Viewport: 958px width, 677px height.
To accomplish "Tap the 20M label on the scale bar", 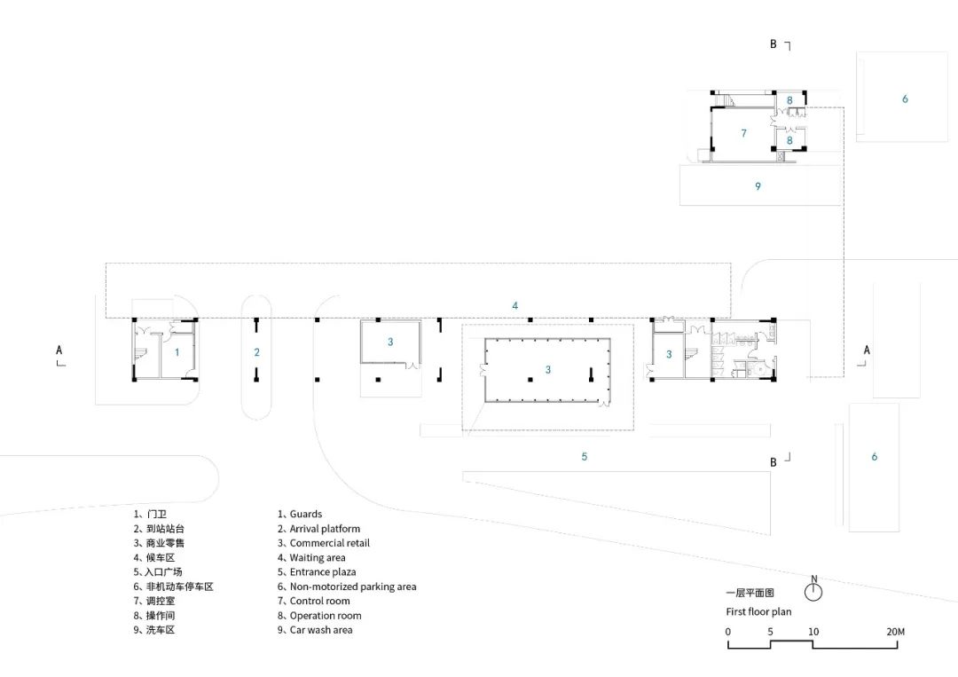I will [894, 631].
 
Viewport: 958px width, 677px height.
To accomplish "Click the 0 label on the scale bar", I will [728, 631].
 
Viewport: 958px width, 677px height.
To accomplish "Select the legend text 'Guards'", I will [305, 514].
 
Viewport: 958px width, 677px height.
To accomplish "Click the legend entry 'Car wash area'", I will [320, 630].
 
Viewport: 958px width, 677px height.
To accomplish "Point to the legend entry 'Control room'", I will [319, 601].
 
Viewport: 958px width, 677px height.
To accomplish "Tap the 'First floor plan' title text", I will [758, 611].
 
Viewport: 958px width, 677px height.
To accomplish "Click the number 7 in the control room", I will [743, 133].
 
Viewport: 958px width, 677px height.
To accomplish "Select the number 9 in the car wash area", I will [758, 186].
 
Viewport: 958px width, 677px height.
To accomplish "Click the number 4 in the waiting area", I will [515, 305].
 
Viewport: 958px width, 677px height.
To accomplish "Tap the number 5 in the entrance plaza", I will [585, 456].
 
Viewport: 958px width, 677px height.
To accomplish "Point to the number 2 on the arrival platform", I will [256, 351].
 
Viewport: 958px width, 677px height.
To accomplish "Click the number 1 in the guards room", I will [177, 352].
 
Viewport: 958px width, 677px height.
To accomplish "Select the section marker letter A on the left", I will [59, 350].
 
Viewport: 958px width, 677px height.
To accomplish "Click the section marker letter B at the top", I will [773, 43].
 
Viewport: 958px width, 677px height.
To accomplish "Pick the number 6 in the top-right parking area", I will [905, 98].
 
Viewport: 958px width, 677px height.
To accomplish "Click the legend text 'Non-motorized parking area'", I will [352, 586].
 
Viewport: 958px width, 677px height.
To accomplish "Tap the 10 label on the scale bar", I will [813, 631].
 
